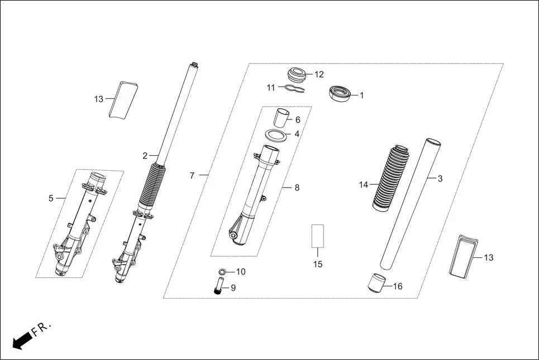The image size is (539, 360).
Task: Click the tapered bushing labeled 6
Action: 282,119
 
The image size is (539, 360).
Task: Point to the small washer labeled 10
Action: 222,272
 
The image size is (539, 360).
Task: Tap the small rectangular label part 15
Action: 317,236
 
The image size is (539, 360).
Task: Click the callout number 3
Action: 440,179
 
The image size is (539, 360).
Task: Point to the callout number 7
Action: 192,176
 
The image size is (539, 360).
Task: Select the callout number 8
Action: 297,188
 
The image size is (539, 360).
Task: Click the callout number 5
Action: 51,198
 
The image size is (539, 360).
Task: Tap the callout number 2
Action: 145,155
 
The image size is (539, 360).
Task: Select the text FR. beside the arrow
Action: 42,328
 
